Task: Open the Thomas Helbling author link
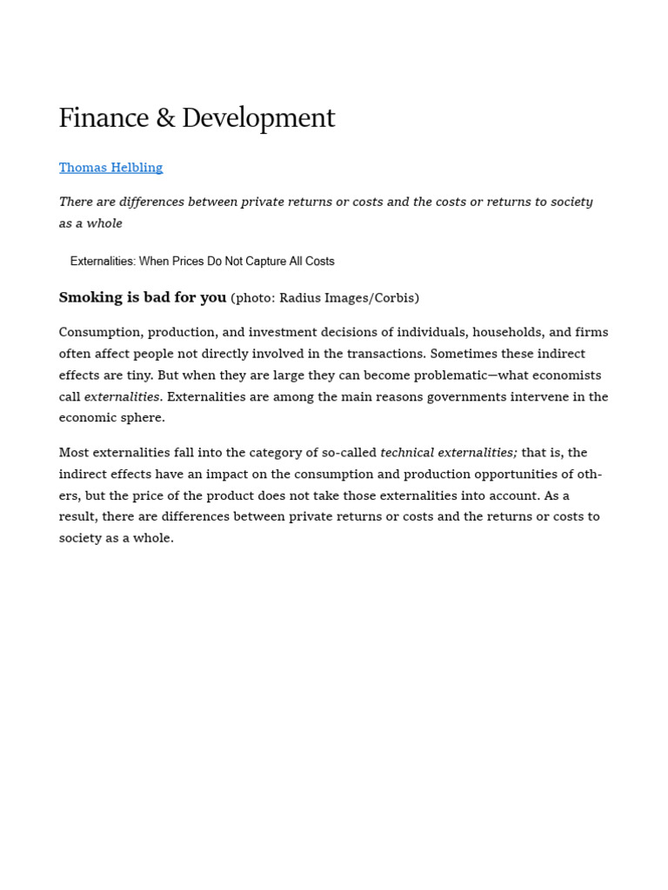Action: [x=110, y=168]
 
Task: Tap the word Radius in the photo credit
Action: [x=300, y=298]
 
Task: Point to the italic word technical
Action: [x=407, y=452]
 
